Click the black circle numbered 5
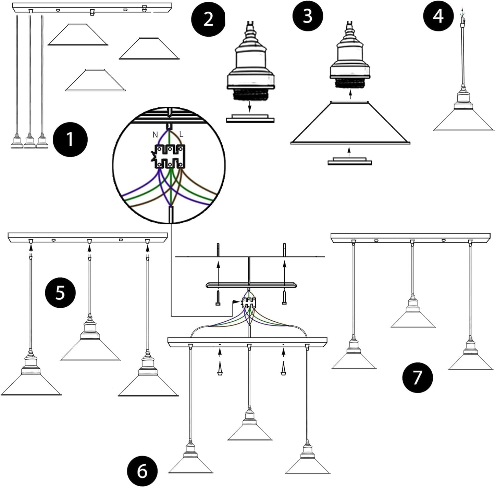tap(60, 293)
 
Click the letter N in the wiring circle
tap(155, 135)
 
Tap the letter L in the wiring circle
tap(181, 134)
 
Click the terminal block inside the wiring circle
tap(169, 156)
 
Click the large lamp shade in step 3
tap(350, 123)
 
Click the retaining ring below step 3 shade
tap(349, 161)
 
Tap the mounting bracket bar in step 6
tap(252, 285)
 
